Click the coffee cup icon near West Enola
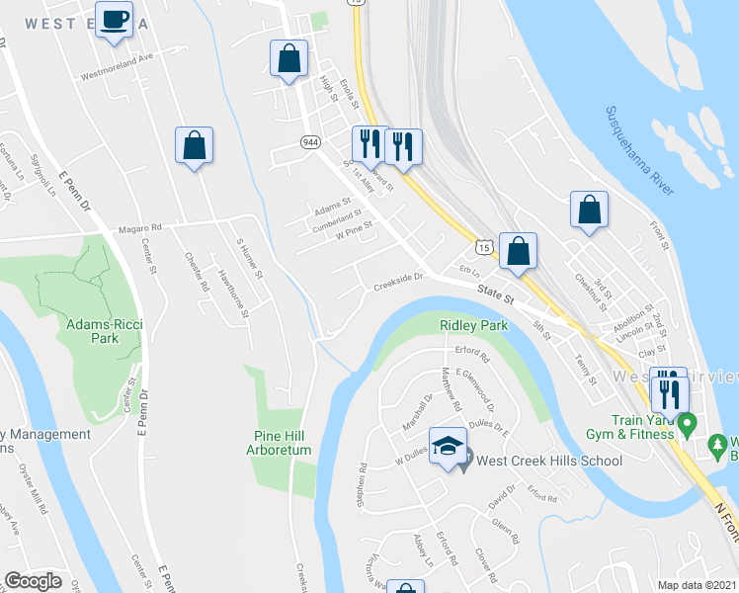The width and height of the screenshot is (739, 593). pyautogui.click(x=115, y=19)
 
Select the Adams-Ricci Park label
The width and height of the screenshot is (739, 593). pyautogui.click(x=105, y=330)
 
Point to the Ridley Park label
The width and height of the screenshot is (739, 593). pyautogui.click(x=471, y=324)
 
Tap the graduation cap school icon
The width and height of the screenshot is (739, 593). pyautogui.click(x=448, y=446)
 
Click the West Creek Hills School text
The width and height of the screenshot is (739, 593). pyautogui.click(x=549, y=461)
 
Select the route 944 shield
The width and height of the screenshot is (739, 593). pyautogui.click(x=310, y=142)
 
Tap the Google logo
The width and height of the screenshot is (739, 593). pyautogui.click(x=33, y=581)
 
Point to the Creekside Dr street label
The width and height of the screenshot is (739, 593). pyautogui.click(x=397, y=284)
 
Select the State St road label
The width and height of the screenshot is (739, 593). pyautogui.click(x=497, y=293)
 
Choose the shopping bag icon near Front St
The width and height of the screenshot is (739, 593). pyautogui.click(x=589, y=210)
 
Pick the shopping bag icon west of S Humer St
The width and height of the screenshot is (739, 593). pyautogui.click(x=194, y=146)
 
